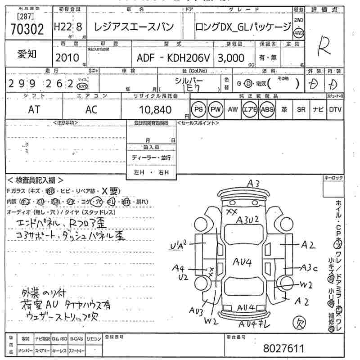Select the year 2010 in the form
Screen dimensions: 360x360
[x=67, y=58]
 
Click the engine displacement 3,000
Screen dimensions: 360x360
[x=231, y=58]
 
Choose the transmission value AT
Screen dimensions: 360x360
[x=33, y=109]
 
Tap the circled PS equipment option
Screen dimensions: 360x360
[x=198, y=109]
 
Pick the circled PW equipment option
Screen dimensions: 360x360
[x=216, y=109]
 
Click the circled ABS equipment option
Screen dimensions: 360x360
[x=267, y=109]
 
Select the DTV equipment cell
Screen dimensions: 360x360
[x=335, y=109]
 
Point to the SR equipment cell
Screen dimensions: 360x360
[x=301, y=109]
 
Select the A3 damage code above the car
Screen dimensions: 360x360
[x=253, y=183]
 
